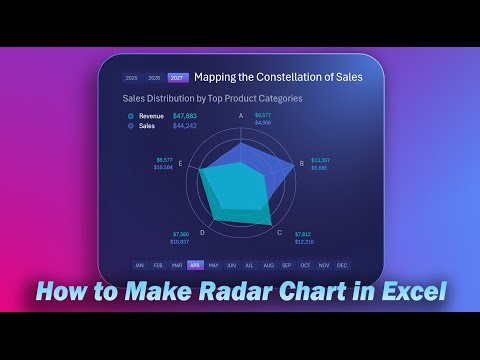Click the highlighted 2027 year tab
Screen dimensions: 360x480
pyautogui.click(x=177, y=77)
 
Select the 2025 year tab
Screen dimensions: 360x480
pyautogui.click(x=132, y=77)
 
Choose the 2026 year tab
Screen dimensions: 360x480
pyautogui.click(x=154, y=77)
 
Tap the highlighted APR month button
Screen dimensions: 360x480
pyautogui.click(x=195, y=265)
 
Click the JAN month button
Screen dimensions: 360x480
pyautogui.click(x=140, y=265)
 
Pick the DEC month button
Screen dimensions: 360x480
pyautogui.click(x=342, y=265)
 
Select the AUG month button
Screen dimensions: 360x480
pyautogui.click(x=268, y=265)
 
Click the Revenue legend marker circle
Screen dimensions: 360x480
pyautogui.click(x=130, y=116)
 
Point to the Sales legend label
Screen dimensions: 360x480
pyautogui.click(x=147, y=126)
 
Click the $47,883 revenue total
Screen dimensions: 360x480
pyautogui.click(x=185, y=116)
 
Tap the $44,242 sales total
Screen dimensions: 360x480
pyautogui.click(x=185, y=126)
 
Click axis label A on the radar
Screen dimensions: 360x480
pyautogui.click(x=240, y=115)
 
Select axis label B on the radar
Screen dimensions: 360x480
pyautogui.click(x=302, y=163)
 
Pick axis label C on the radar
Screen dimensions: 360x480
pyautogui.click(x=279, y=232)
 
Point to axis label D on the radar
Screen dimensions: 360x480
pyautogui.click(x=202, y=232)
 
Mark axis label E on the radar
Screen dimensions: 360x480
pyautogui.click(x=180, y=163)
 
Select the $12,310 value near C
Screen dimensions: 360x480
pyautogui.click(x=305, y=242)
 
